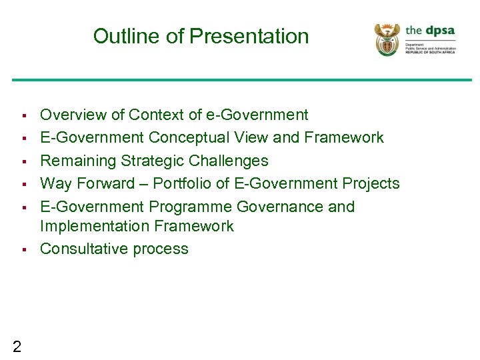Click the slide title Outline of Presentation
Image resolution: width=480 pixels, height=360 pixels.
coord(201,36)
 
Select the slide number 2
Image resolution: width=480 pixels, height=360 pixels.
coord(17,345)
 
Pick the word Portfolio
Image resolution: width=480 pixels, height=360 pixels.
coord(187,183)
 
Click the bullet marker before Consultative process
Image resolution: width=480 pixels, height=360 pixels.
coord(23,249)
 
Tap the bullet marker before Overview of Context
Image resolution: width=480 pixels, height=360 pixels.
coord(23,115)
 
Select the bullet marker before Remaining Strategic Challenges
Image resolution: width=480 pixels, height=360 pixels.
coord(23,161)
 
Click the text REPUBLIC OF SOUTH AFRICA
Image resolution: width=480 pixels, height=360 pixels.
coord(430,52)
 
